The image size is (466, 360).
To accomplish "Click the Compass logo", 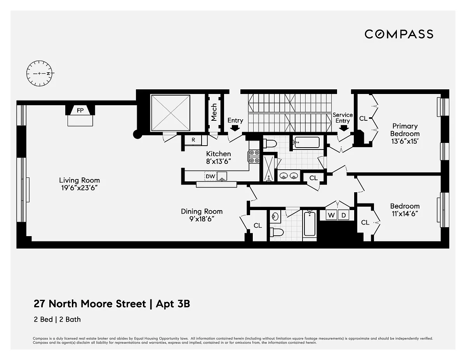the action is click(399, 34).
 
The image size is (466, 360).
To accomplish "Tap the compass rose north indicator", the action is click(49, 73).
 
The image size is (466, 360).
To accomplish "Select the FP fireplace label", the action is click(80, 110).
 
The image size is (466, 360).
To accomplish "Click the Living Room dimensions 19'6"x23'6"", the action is click(79, 188).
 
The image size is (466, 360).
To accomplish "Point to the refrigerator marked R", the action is click(193, 140).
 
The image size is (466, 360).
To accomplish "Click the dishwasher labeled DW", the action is click(210, 176).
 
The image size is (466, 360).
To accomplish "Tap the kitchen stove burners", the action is click(254, 157).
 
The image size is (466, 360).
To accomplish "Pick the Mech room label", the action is click(214, 113).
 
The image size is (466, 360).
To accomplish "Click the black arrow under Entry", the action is click(235, 128).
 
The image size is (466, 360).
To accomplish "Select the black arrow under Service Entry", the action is click(344, 128).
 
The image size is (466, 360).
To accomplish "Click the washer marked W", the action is click(331, 215).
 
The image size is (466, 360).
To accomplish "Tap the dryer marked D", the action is click(343, 215).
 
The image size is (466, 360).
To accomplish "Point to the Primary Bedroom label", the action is click(405, 130).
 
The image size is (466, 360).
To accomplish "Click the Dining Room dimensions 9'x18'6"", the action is click(202, 219).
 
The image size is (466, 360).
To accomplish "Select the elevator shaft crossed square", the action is click(171, 113).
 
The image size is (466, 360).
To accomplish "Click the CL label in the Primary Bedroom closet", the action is click(363, 118).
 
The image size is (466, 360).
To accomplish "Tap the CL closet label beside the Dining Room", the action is click(257, 225).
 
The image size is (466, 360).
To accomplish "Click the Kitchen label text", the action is click(218, 154).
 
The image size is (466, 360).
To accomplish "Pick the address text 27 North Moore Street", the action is click(90, 304).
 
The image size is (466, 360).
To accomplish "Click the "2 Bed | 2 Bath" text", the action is click(57, 320).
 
